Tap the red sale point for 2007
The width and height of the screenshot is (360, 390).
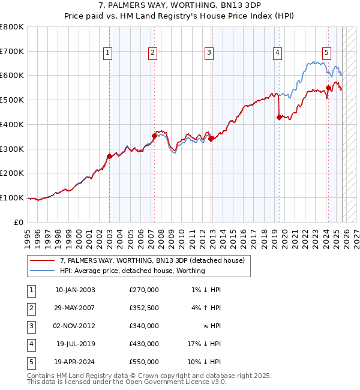154,136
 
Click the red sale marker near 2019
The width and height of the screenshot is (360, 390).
279,118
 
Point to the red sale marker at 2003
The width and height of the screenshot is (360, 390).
109,156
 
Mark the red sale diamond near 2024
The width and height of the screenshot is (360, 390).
328,88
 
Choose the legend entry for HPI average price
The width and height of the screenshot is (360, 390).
132,271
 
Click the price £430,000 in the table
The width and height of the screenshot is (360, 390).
143,344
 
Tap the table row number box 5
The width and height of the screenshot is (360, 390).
29,362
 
